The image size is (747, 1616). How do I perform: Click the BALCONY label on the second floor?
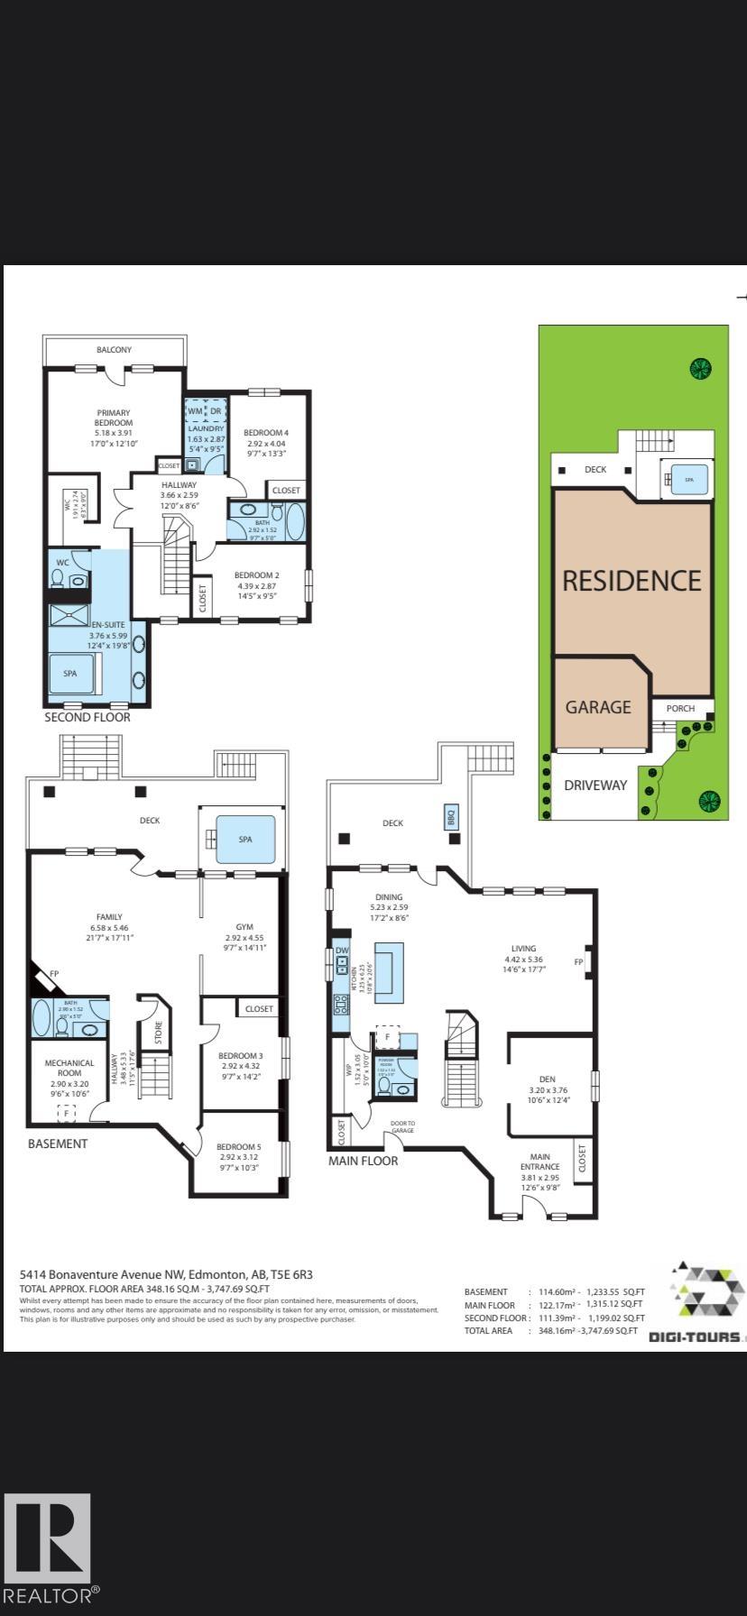point(115,350)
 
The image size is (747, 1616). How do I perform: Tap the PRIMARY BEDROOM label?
point(115,418)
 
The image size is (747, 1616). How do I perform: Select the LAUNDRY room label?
point(205,429)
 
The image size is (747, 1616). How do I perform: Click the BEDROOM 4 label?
point(266,433)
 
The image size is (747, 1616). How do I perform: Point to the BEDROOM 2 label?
point(257,575)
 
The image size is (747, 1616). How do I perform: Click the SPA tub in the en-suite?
point(70,674)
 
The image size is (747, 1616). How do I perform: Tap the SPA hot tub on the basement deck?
point(245,840)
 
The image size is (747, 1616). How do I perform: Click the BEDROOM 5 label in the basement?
point(239,1147)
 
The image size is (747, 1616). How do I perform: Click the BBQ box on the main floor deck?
point(452,817)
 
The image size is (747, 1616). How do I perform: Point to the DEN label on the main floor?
point(547,1079)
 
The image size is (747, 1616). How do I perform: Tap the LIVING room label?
point(523,949)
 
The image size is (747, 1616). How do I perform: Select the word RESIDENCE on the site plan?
point(632,581)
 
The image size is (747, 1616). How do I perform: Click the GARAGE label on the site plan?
point(597,708)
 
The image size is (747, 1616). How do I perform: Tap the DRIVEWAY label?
point(595,785)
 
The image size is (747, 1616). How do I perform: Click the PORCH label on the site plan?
point(680,709)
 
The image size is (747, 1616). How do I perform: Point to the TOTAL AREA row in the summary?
point(550,1331)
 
